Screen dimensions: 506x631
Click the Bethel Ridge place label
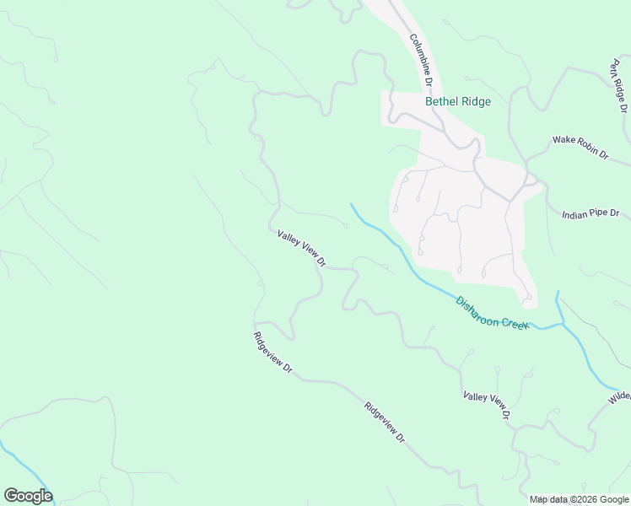click(x=457, y=101)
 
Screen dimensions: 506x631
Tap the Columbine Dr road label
click(x=421, y=61)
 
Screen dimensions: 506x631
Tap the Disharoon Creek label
click(x=492, y=312)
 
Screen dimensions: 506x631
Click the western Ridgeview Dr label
click(x=272, y=353)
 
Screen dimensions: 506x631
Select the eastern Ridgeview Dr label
click(x=385, y=423)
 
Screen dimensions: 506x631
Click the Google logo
click(x=28, y=496)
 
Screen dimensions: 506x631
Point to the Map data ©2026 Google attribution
click(x=579, y=499)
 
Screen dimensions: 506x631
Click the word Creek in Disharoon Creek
click(x=514, y=320)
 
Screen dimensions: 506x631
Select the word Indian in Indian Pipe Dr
click(x=574, y=215)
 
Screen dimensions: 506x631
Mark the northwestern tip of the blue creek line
click(x=351, y=203)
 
